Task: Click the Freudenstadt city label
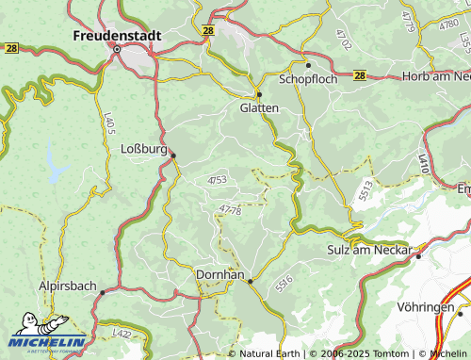pos(117,35)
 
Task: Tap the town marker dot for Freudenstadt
pos(117,49)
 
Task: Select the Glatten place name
pos(259,108)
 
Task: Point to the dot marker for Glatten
pos(259,94)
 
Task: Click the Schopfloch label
pos(307,79)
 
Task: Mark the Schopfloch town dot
pos(307,65)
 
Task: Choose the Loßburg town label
pos(144,149)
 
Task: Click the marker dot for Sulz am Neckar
pos(418,254)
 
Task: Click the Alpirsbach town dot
pos(103,292)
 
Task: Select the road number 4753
pos(217,179)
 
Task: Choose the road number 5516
pos(284,282)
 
